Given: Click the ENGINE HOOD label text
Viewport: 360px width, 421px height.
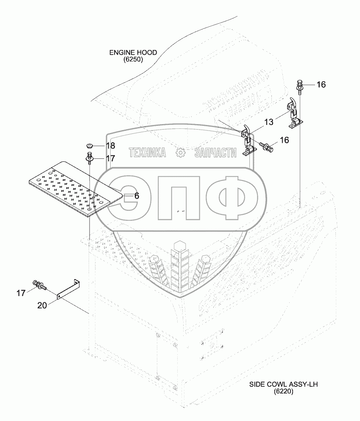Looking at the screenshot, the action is click(133, 53).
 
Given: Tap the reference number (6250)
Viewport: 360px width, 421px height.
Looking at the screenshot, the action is click(133, 60).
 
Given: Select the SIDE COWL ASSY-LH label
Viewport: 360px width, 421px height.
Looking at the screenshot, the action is click(283, 385).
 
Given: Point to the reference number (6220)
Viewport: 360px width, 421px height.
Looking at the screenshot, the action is click(283, 392).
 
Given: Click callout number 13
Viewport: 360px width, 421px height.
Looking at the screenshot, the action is click(269, 122).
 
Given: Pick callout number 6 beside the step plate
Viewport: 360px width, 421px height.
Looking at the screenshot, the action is click(137, 196).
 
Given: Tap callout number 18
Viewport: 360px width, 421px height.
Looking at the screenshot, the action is click(110, 146).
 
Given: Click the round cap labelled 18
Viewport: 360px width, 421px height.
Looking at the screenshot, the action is click(90, 146).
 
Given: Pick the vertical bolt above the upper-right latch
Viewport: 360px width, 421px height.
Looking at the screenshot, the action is click(299, 86).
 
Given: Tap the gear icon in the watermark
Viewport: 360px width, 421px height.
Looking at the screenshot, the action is click(180, 152).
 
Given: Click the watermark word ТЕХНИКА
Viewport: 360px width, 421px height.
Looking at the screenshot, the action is click(147, 152).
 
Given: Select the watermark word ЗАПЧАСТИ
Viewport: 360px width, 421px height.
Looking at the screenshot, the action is click(215, 152).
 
